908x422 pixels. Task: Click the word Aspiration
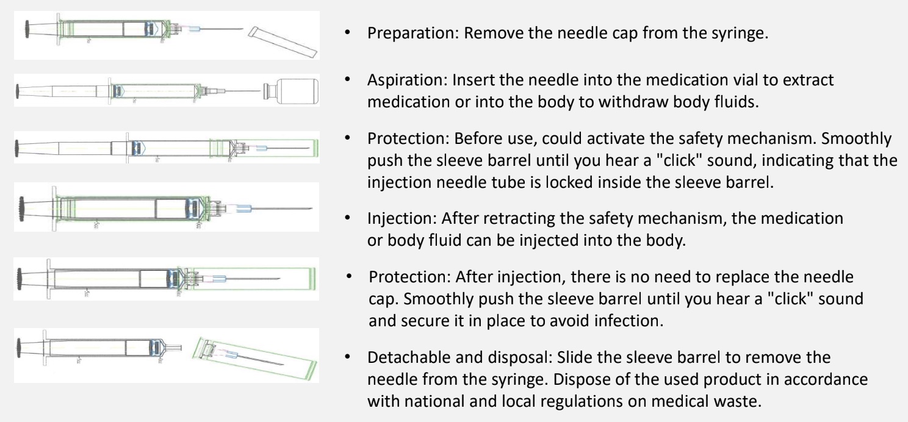tap(406, 80)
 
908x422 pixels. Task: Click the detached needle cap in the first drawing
tap(283, 41)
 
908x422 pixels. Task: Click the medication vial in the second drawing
tap(291, 91)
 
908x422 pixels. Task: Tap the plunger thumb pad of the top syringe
tap(27, 29)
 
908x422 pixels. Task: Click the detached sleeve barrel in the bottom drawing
tap(254, 359)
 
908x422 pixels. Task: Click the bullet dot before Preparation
tap(347, 33)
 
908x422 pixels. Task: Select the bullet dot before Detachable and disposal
tap(347, 357)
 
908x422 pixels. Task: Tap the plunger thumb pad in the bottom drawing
tap(18, 348)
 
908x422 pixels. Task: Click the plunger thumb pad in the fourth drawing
tap(21, 209)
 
